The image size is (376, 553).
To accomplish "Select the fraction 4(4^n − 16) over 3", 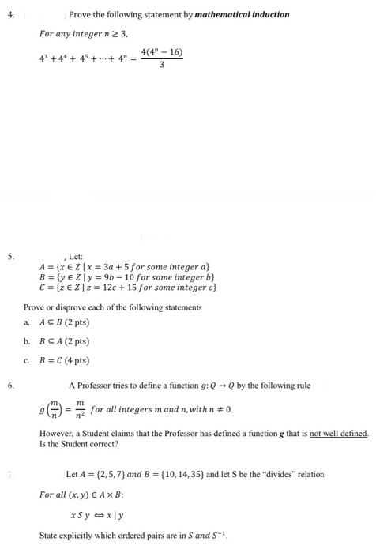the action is pos(162,58).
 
